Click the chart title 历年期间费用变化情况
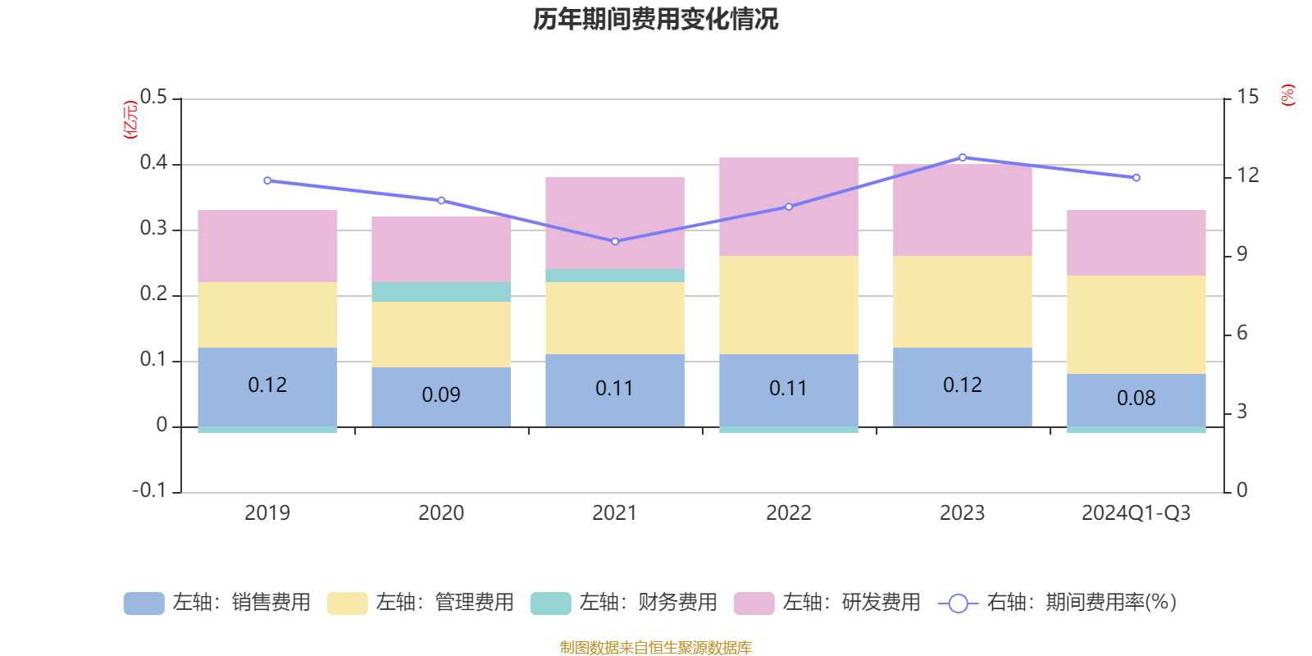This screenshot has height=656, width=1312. coord(655,19)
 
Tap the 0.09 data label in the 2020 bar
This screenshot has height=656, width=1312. coord(441,395)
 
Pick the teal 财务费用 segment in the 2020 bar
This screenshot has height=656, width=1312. coord(441,292)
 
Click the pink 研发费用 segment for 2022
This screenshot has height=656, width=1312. coord(789,207)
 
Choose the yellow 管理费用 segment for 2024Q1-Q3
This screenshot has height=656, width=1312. coord(1137,325)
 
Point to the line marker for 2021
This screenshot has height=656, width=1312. coord(615,241)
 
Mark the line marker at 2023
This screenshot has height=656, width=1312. coord(963,157)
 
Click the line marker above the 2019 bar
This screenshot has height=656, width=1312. coord(267,180)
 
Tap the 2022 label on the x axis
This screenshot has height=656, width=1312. coord(789,513)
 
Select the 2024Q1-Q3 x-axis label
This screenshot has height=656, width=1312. coord(1137,513)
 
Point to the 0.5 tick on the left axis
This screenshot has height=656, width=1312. coord(153,98)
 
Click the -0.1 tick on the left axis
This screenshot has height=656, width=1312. coord(149,490)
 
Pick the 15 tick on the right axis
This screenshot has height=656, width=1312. coord(1248,98)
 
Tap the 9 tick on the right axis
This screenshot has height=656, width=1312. coord(1242,254)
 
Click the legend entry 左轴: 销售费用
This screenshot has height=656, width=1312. coord(217,603)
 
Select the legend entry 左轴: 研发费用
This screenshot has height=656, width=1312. coord(827,603)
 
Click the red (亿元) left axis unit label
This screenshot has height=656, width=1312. coord(130,120)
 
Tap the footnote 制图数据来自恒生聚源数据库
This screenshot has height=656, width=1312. coord(655,648)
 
